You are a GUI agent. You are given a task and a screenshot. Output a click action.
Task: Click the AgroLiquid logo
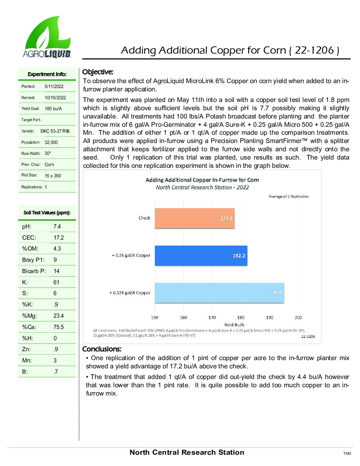point(47,37)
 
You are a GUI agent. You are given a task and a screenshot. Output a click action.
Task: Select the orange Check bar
point(195,218)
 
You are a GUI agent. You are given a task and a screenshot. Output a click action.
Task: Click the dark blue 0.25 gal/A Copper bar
point(201,256)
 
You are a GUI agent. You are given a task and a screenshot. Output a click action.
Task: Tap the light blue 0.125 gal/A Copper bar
point(219,293)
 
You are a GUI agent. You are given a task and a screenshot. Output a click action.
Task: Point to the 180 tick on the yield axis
point(241,317)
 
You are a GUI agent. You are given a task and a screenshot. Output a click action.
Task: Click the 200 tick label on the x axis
point(298,317)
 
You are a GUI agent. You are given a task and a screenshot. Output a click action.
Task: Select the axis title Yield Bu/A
point(234,325)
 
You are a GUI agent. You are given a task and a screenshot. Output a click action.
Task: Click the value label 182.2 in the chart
point(239,256)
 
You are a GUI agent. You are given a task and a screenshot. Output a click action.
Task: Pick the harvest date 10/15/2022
point(55,98)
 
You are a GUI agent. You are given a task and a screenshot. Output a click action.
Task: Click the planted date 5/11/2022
point(54,86)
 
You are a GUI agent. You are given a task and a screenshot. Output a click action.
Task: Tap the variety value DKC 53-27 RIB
point(55,131)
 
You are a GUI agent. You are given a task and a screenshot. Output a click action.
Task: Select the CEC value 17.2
point(59,238)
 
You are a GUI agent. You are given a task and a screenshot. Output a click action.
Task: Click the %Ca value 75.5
point(59,327)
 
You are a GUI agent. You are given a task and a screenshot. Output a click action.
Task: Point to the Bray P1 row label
point(33,260)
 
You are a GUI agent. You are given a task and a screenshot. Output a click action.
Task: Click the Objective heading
point(98,72)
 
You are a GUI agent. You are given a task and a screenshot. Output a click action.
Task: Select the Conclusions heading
point(102,349)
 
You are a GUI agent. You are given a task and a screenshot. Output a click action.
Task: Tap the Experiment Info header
point(47,74)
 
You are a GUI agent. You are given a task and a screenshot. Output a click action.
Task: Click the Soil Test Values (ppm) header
point(47,213)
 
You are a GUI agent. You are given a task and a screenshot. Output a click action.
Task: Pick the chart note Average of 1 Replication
point(289,196)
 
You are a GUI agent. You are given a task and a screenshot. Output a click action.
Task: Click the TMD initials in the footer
point(347,453)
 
